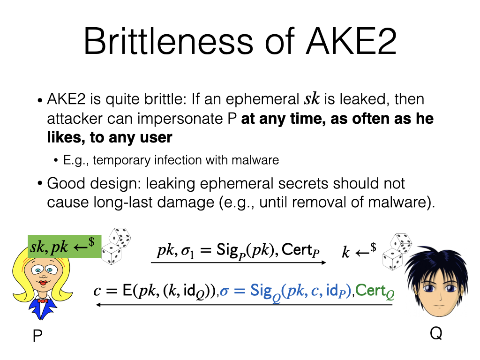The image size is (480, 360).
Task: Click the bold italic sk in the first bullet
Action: (311, 99)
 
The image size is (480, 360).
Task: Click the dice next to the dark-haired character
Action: (397, 252)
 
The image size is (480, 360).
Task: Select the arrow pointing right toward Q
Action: (239, 263)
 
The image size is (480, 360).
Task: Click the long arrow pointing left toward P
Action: (244, 305)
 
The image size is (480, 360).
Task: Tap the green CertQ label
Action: (375, 292)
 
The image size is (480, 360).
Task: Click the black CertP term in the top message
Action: (300, 251)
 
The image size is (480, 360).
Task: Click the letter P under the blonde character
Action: (37, 336)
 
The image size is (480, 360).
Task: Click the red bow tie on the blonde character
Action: (43, 300)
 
